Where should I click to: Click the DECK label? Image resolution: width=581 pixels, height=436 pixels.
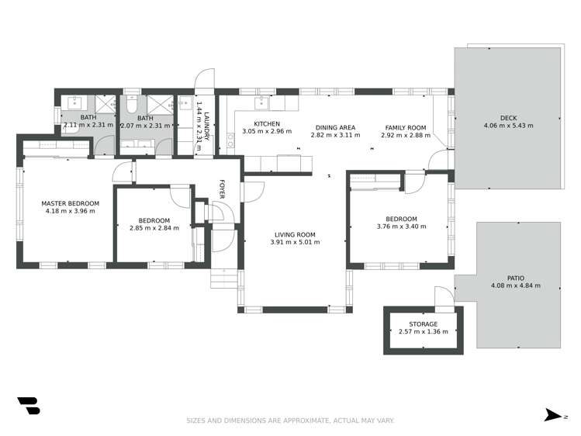point(508,118)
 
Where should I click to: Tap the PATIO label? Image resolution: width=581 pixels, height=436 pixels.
point(515,278)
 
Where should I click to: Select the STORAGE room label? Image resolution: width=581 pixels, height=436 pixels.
point(423,324)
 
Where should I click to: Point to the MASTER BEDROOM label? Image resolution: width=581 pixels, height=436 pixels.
point(70,203)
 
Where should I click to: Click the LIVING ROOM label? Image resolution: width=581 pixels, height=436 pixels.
point(295,234)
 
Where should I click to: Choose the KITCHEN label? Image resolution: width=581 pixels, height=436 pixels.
point(267,124)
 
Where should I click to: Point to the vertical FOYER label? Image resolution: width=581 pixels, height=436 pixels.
point(221,189)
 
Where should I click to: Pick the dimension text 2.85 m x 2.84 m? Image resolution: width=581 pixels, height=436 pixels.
point(154,228)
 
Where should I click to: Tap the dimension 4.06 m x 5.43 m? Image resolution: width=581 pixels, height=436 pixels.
point(508,126)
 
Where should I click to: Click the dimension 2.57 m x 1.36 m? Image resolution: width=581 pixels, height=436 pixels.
point(423,331)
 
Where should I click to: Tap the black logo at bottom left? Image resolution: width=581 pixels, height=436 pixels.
point(28,407)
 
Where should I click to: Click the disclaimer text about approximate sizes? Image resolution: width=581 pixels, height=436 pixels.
point(290,420)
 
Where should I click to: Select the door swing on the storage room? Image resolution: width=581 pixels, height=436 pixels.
point(441,298)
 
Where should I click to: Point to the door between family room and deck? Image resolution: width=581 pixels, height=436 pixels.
point(440,159)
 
